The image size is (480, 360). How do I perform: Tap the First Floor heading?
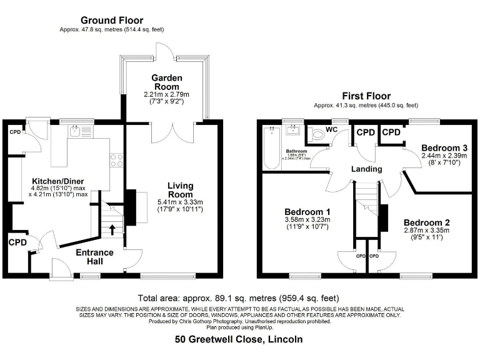click(x=366, y=96)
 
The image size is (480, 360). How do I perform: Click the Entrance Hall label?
click(x=94, y=257)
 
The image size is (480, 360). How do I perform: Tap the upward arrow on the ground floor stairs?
click(x=112, y=229)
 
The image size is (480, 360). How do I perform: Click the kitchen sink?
click(x=76, y=132)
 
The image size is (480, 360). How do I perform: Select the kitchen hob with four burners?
click(x=116, y=161)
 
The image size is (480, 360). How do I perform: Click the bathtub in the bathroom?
click(x=272, y=149)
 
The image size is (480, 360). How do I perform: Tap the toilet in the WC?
click(x=318, y=134)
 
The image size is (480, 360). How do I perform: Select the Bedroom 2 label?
click(x=426, y=222)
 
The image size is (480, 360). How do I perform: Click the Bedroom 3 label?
click(x=444, y=147)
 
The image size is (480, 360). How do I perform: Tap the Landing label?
click(x=366, y=169)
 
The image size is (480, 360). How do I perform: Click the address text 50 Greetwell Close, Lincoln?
click(x=239, y=339)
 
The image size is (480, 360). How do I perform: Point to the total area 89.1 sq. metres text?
click(x=239, y=297)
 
